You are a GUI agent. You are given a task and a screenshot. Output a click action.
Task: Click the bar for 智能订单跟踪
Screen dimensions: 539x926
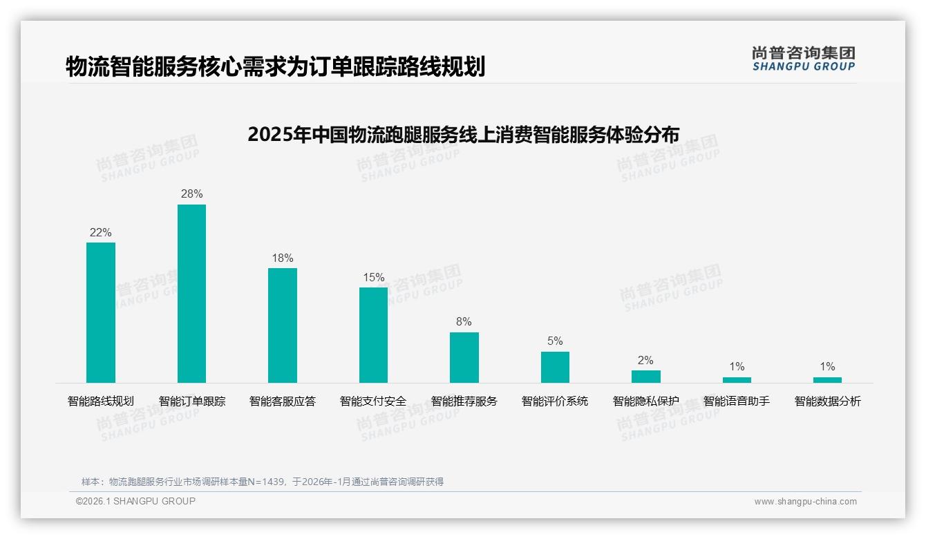(191, 294)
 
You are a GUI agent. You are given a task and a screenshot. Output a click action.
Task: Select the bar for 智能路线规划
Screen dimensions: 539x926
(101, 312)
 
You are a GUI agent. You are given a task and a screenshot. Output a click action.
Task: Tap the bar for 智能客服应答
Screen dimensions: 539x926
(283, 325)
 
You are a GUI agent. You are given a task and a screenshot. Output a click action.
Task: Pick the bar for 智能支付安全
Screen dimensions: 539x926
(373, 335)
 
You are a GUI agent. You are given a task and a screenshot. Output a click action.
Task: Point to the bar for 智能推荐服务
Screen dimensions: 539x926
(464, 357)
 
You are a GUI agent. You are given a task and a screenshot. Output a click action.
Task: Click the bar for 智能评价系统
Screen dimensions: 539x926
(555, 367)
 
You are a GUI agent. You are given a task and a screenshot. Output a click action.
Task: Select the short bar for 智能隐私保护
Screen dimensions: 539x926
(646, 377)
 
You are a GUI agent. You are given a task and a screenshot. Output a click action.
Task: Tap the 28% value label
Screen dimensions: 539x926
(191, 194)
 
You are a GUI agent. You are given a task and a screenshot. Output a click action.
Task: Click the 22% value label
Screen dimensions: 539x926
(101, 233)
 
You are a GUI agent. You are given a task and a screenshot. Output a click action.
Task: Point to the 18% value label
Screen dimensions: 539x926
(283, 258)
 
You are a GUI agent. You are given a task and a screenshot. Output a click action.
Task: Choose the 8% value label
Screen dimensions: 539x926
(464, 322)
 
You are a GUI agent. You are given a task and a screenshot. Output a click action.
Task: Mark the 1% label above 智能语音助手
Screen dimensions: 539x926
(737, 367)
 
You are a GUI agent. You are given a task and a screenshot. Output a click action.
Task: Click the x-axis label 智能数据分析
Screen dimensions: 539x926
(827, 401)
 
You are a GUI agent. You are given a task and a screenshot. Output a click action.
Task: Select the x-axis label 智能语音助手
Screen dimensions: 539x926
(737, 401)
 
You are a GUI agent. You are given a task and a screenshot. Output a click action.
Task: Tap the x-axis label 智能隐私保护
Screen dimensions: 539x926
(646, 401)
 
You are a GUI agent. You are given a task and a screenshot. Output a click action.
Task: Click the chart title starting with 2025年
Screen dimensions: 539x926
(463, 134)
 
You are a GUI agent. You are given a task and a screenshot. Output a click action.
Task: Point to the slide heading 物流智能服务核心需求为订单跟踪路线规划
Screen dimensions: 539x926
(275, 67)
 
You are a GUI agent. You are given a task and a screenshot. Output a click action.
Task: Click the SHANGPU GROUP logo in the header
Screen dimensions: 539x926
(803, 59)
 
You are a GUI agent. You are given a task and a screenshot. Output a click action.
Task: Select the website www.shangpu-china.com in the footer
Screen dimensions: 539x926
(805, 502)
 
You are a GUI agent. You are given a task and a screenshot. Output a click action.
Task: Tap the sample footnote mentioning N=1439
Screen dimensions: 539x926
(263, 482)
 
